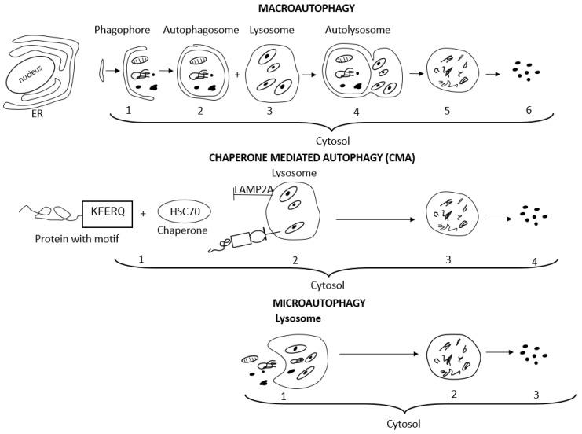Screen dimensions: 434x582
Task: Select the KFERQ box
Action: tap(106, 212)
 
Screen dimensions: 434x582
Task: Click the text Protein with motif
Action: tap(72, 238)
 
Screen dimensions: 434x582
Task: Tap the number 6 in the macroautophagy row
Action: tap(529, 110)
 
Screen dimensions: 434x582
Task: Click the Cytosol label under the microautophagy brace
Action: tap(408, 423)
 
